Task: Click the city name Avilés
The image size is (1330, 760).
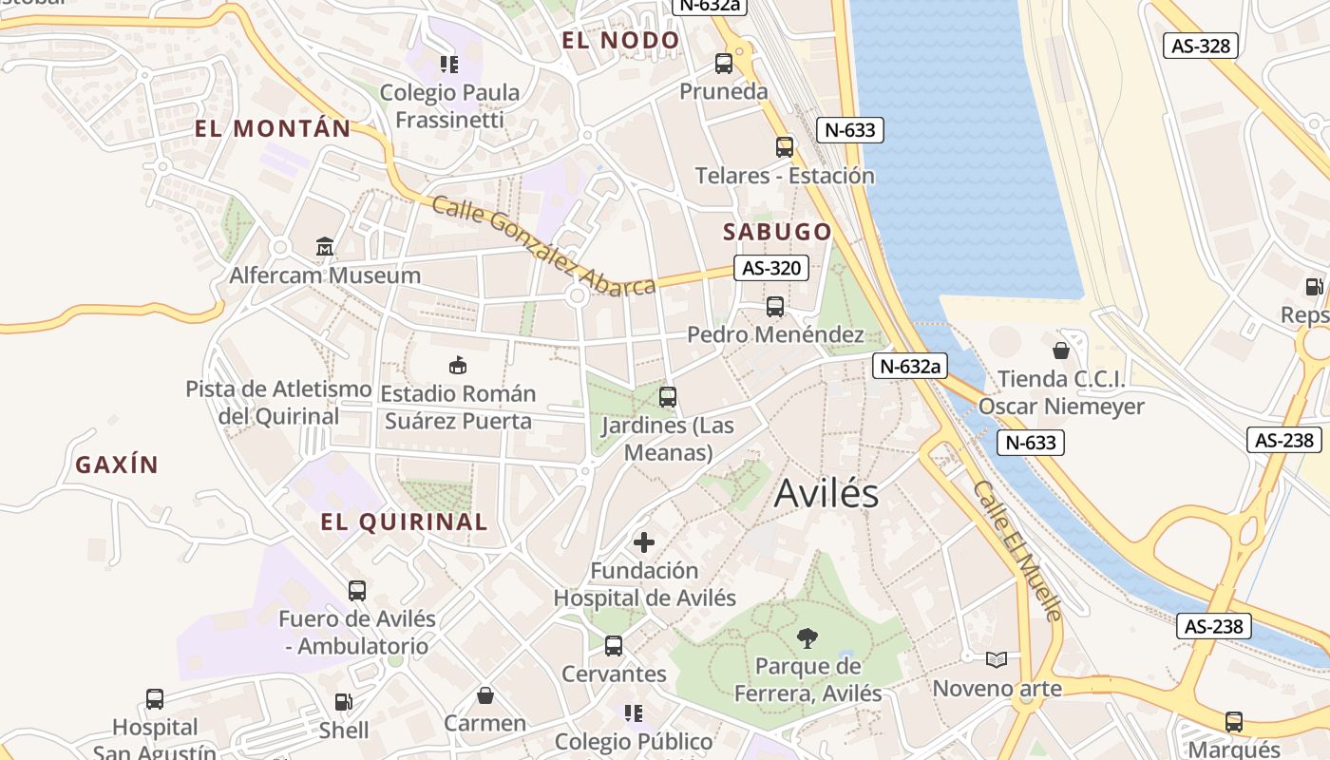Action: [826, 493]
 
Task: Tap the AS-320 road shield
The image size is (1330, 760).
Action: [771, 268]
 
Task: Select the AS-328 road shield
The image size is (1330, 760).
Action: [1201, 45]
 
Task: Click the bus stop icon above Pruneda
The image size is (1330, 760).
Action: [724, 64]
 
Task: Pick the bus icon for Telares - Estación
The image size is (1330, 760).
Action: [784, 147]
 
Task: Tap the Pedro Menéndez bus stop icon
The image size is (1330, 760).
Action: [775, 307]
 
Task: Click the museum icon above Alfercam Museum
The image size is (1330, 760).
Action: [325, 247]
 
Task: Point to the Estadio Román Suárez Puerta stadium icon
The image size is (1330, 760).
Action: [457, 365]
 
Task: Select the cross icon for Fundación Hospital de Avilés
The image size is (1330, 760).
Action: [644, 542]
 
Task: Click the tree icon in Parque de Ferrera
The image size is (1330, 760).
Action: [807, 637]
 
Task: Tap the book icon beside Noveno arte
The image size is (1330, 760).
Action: [996, 659]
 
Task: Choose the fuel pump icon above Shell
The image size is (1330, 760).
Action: [343, 702]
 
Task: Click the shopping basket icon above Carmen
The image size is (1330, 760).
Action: [484, 695]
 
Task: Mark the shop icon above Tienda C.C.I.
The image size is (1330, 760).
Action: [1061, 351]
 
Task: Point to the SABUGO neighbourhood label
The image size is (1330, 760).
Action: [777, 232]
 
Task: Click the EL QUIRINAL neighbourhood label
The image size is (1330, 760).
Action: [404, 522]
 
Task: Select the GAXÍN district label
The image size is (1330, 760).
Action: [117, 465]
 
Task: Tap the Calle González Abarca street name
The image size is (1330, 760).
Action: [543, 246]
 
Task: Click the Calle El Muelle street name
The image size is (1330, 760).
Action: [1017, 550]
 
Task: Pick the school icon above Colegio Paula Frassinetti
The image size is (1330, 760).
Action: [448, 65]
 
